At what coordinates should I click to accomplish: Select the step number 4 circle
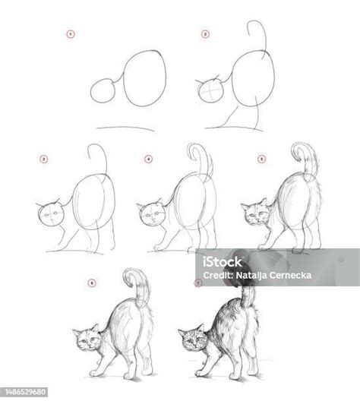[x=149, y=159]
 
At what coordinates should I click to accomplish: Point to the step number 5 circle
[x=261, y=159]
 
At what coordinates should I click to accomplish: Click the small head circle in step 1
[x=103, y=92]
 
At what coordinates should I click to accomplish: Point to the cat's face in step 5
[x=254, y=214]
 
